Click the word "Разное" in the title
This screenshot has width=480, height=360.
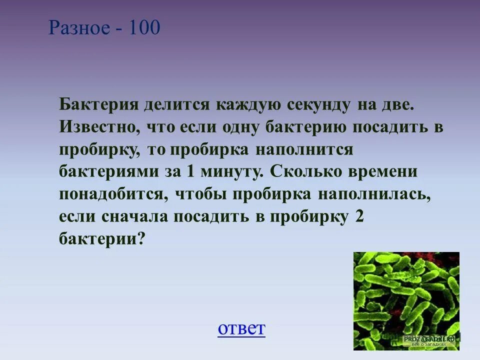pos(78,28)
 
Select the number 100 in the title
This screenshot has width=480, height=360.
pos(144,28)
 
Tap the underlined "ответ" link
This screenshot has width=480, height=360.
pos(241,328)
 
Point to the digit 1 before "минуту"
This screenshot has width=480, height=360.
pos(190,171)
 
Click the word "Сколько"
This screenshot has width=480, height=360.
pos(306,171)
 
